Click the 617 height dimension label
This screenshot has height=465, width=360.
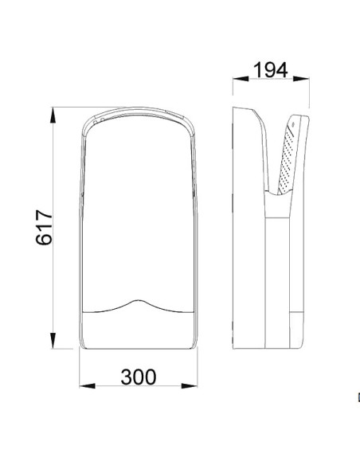[x=44, y=228]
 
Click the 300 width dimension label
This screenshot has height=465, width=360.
[x=139, y=377]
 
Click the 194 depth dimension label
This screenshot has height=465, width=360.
[x=271, y=70]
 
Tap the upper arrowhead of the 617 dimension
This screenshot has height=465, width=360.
[x=53, y=115]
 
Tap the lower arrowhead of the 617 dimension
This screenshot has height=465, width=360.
[x=53, y=341]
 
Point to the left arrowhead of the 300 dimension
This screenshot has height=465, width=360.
[x=87, y=386]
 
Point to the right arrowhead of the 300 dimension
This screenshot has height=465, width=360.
[x=190, y=386]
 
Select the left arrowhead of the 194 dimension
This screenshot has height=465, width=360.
[x=241, y=79]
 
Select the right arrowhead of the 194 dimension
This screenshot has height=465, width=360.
[x=301, y=79]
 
